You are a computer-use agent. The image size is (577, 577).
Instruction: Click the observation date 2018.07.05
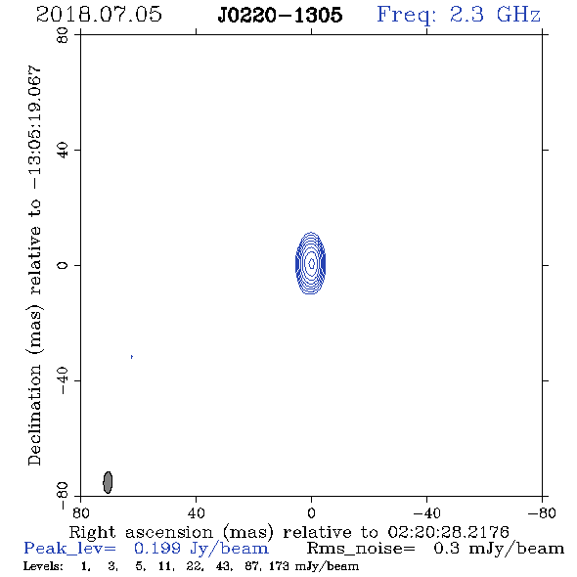click(x=99, y=15)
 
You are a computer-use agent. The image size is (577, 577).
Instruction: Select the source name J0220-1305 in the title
click(x=280, y=15)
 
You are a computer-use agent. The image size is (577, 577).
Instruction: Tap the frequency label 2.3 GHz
click(x=495, y=15)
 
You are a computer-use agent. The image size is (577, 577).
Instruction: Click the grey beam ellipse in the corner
click(x=108, y=482)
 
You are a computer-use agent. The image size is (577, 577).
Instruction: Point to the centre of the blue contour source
click(x=311, y=263)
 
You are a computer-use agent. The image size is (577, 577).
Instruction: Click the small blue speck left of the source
click(x=132, y=357)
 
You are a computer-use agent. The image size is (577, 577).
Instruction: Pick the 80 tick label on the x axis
click(x=80, y=513)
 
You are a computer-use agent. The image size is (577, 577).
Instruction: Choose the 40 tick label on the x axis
click(x=196, y=513)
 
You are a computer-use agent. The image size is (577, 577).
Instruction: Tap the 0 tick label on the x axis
click(x=311, y=513)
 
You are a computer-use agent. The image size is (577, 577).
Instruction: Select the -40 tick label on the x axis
click(x=426, y=513)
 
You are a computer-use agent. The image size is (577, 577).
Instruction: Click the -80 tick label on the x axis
click(x=542, y=513)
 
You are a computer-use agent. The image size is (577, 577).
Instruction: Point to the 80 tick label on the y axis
click(x=63, y=35)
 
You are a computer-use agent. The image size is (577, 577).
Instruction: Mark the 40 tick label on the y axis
click(x=63, y=151)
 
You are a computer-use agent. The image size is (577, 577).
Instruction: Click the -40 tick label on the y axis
click(x=63, y=380)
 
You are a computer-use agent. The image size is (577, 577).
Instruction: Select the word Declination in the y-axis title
click(x=34, y=415)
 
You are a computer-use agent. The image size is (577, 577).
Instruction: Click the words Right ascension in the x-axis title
click(x=141, y=532)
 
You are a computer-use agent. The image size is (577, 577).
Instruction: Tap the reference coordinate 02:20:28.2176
click(x=448, y=532)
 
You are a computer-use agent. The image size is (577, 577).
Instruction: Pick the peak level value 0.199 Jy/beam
click(x=201, y=549)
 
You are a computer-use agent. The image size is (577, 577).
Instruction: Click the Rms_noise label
click(x=361, y=549)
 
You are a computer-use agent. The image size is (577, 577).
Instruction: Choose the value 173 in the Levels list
click(x=279, y=565)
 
